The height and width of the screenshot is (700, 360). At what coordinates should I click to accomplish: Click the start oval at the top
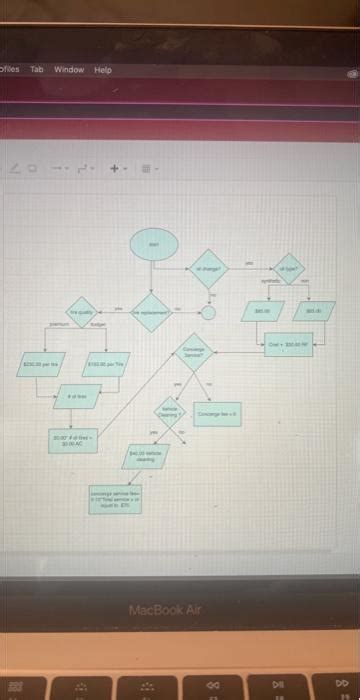pos(155,244)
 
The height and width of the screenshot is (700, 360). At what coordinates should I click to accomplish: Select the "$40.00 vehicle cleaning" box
pos(145,457)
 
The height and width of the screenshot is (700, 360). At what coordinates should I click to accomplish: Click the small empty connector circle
pos(208,312)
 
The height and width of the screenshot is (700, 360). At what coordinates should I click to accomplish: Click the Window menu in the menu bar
pos(69,70)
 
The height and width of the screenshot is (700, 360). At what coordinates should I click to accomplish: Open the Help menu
pos(103,70)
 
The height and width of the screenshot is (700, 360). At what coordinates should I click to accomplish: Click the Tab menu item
pos(37,70)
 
